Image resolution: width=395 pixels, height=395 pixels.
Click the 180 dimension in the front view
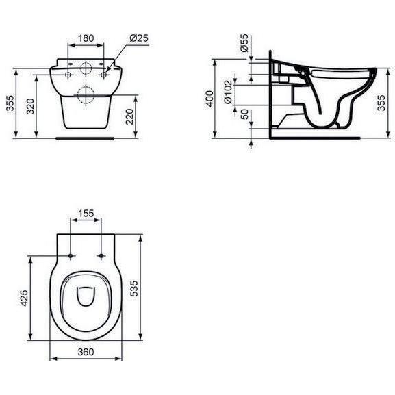click(86, 39)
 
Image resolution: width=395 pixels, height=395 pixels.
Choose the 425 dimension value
click(23, 299)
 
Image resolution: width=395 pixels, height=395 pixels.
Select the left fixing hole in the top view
click(71, 256)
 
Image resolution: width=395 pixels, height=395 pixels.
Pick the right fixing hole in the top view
click(101, 256)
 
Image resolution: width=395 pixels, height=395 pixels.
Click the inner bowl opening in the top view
click(86, 296)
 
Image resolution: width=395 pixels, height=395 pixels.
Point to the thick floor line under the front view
click(86, 135)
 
